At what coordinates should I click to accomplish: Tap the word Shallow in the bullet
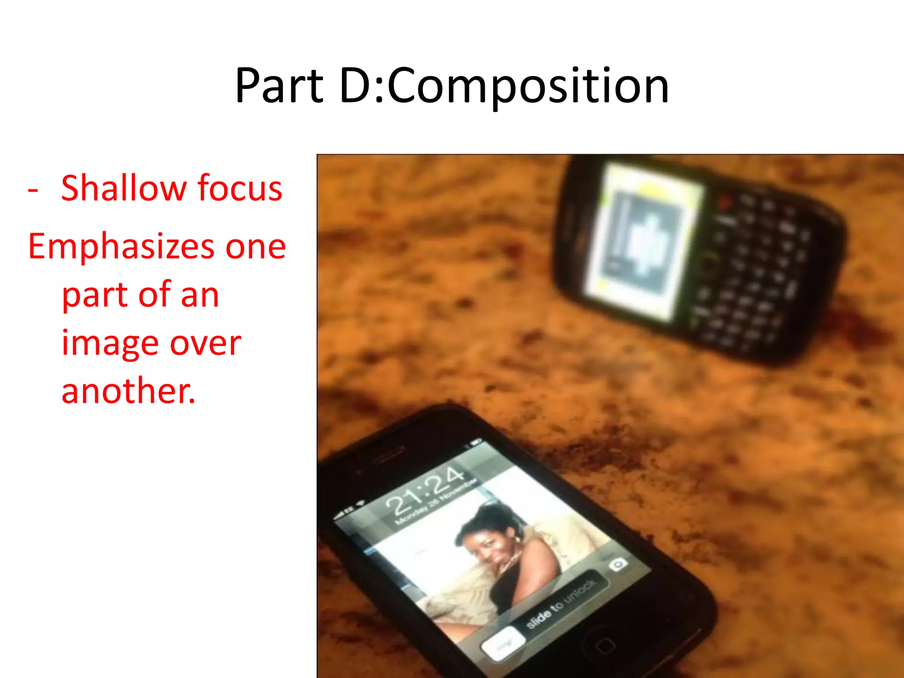124,188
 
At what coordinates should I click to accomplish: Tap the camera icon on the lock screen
618,565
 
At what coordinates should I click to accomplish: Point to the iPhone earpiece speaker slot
388,455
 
